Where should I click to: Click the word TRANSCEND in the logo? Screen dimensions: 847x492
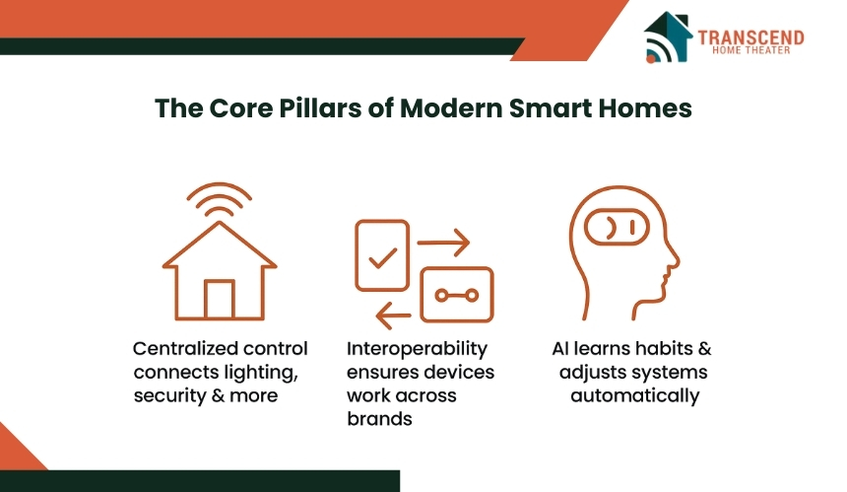[x=750, y=37]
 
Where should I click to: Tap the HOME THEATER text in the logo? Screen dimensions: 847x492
[x=750, y=50]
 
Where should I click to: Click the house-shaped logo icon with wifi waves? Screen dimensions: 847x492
[x=668, y=36]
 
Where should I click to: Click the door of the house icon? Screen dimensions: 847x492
[x=220, y=299]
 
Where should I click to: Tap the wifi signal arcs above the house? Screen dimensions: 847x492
[x=220, y=198]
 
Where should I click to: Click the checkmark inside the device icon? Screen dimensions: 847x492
[x=382, y=258]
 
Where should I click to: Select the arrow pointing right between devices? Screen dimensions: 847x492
[x=443, y=243]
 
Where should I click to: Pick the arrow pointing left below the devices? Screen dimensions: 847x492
[x=393, y=316]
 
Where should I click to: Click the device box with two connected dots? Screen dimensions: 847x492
[x=457, y=295]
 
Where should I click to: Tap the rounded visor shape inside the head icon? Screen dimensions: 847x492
[x=617, y=227]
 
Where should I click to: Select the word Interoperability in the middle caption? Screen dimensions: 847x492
[x=417, y=349]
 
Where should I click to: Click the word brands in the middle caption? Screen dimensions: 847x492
[x=379, y=419]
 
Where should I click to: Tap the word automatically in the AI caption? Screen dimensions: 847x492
[x=634, y=396]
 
